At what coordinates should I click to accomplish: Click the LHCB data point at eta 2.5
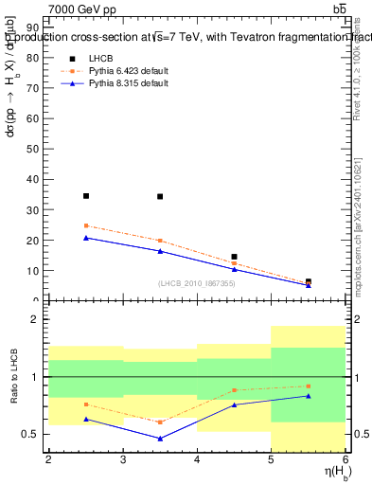click(86, 196)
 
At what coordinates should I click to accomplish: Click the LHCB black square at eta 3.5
click(160, 197)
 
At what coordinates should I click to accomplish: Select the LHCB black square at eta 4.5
click(234, 257)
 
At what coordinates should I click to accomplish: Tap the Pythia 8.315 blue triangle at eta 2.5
click(86, 238)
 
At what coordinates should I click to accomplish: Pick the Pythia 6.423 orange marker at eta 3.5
click(160, 241)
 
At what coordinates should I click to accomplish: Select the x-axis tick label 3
click(123, 459)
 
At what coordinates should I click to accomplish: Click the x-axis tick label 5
click(272, 459)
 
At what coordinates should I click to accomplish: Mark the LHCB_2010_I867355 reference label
click(196, 284)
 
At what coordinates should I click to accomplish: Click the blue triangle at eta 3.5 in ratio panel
click(160, 439)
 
